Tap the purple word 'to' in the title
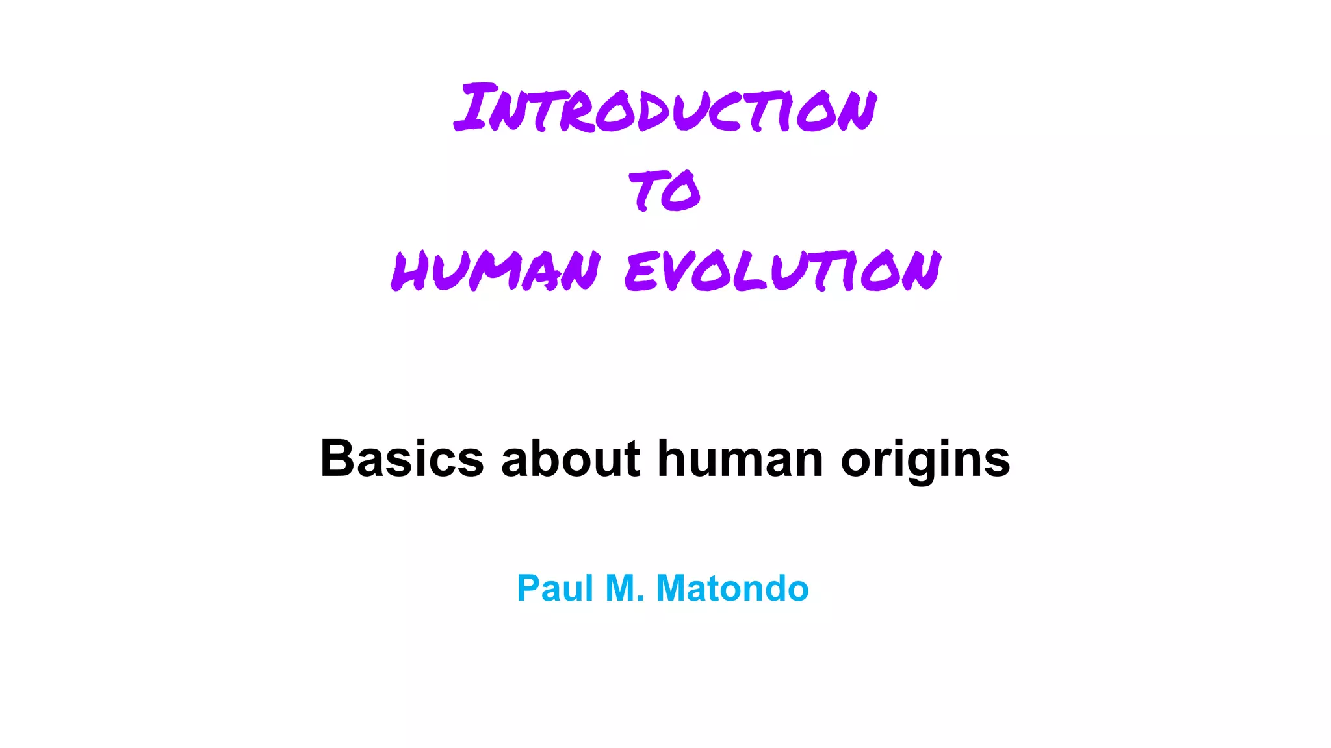pyautogui.click(x=665, y=191)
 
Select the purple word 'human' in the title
pyautogui.click(x=495, y=269)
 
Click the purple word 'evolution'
pyautogui.click(x=782, y=269)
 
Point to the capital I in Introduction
pyautogui.click(x=473, y=107)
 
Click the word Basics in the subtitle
pyautogui.click(x=402, y=458)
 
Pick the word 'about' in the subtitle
pyautogui.click(x=571, y=458)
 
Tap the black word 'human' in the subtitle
pyautogui.click(x=740, y=458)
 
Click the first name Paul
pyautogui.click(x=555, y=588)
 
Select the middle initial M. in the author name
pyautogui.click(x=625, y=588)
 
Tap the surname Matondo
pyautogui.click(x=732, y=588)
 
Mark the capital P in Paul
pyautogui.click(x=528, y=588)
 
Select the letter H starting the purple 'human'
pyautogui.click(x=409, y=270)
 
